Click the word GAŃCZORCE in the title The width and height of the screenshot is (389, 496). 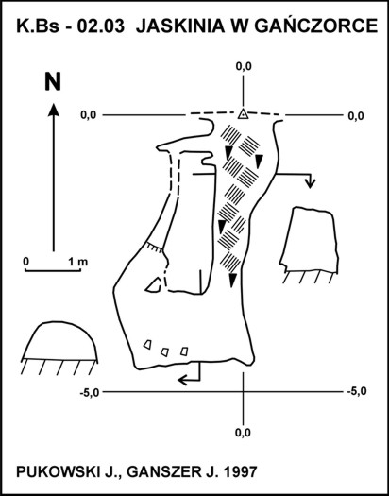[x=315, y=26]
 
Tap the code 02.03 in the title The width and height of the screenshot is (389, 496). [x=101, y=26]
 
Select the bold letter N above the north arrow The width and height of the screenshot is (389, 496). [x=53, y=82]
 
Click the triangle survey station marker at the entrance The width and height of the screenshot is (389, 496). [x=243, y=113]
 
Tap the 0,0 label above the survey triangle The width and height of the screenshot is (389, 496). [x=244, y=66]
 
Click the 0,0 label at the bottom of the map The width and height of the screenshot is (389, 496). [x=243, y=432]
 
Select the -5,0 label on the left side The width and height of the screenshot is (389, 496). [x=90, y=393]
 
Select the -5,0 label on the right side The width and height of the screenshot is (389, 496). [x=357, y=392]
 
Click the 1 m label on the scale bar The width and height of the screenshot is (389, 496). [x=77, y=262]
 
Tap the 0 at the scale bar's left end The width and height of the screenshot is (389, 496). [x=25, y=262]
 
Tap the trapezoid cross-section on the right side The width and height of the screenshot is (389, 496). [x=309, y=240]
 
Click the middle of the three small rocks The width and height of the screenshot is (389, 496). [x=164, y=351]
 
